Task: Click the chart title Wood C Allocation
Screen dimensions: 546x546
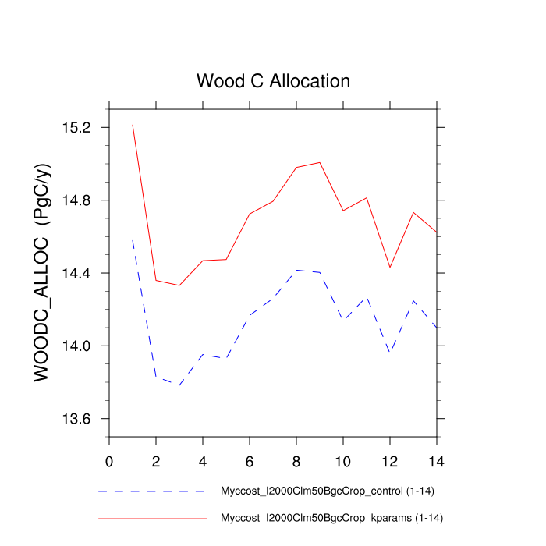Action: [x=273, y=81]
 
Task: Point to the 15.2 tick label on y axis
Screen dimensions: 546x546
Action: [x=76, y=127]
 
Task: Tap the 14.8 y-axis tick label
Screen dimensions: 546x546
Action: [x=76, y=200]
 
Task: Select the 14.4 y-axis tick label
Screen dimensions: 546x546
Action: [x=76, y=273]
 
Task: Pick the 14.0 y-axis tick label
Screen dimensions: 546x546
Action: [x=76, y=346]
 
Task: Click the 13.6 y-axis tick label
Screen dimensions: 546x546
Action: [x=76, y=419]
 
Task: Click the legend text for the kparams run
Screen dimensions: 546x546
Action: [x=332, y=518]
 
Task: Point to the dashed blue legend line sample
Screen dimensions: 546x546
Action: [x=152, y=492]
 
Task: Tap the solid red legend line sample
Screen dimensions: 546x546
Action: [x=152, y=518]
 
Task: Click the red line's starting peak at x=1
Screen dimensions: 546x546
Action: [x=133, y=125]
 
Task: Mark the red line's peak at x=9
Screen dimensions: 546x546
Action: [x=320, y=162]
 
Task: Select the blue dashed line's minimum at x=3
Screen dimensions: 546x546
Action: [x=179, y=385]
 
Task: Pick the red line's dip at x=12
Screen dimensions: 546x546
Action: [x=390, y=268]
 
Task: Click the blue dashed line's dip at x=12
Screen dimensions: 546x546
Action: [x=390, y=353]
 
